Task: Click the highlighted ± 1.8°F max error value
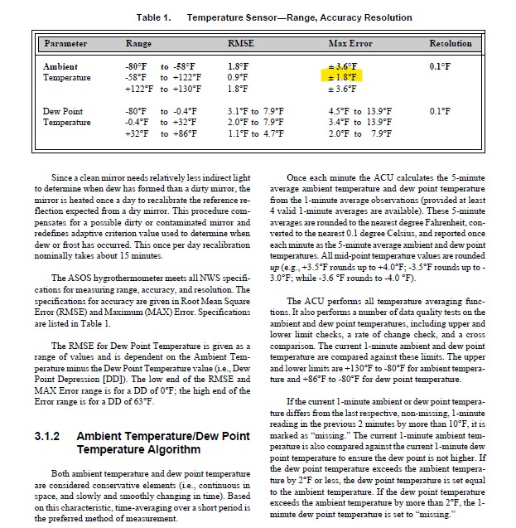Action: click(x=343, y=77)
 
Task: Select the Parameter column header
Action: click(x=65, y=43)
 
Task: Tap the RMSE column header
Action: click(x=239, y=43)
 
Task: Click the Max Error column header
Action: click(x=350, y=43)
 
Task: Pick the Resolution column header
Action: click(x=450, y=43)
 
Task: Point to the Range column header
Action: click(x=138, y=43)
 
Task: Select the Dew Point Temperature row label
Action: click(x=67, y=116)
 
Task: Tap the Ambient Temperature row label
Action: click(x=67, y=71)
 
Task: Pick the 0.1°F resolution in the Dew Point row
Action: click(x=440, y=110)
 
